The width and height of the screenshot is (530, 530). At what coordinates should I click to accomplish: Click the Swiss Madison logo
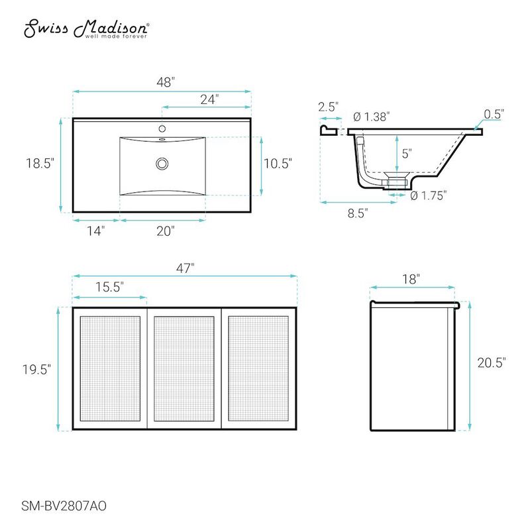(x=87, y=28)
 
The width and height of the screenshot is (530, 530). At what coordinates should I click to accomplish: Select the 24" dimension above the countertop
(x=209, y=99)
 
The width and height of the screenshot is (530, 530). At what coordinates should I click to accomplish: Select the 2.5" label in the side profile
(x=329, y=106)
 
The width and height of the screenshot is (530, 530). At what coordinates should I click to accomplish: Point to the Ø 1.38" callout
(x=371, y=117)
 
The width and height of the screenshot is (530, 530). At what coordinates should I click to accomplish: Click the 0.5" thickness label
(x=494, y=114)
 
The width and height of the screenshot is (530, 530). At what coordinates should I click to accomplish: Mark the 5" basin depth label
(x=406, y=152)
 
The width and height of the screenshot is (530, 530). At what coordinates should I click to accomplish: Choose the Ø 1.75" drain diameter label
(x=428, y=195)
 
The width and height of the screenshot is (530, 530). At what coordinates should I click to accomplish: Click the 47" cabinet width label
(x=185, y=268)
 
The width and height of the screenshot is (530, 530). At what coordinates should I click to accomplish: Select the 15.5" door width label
(x=109, y=286)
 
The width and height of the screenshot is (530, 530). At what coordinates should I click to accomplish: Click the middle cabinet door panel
(x=184, y=368)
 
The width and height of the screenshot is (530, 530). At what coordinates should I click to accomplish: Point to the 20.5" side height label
(x=492, y=362)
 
